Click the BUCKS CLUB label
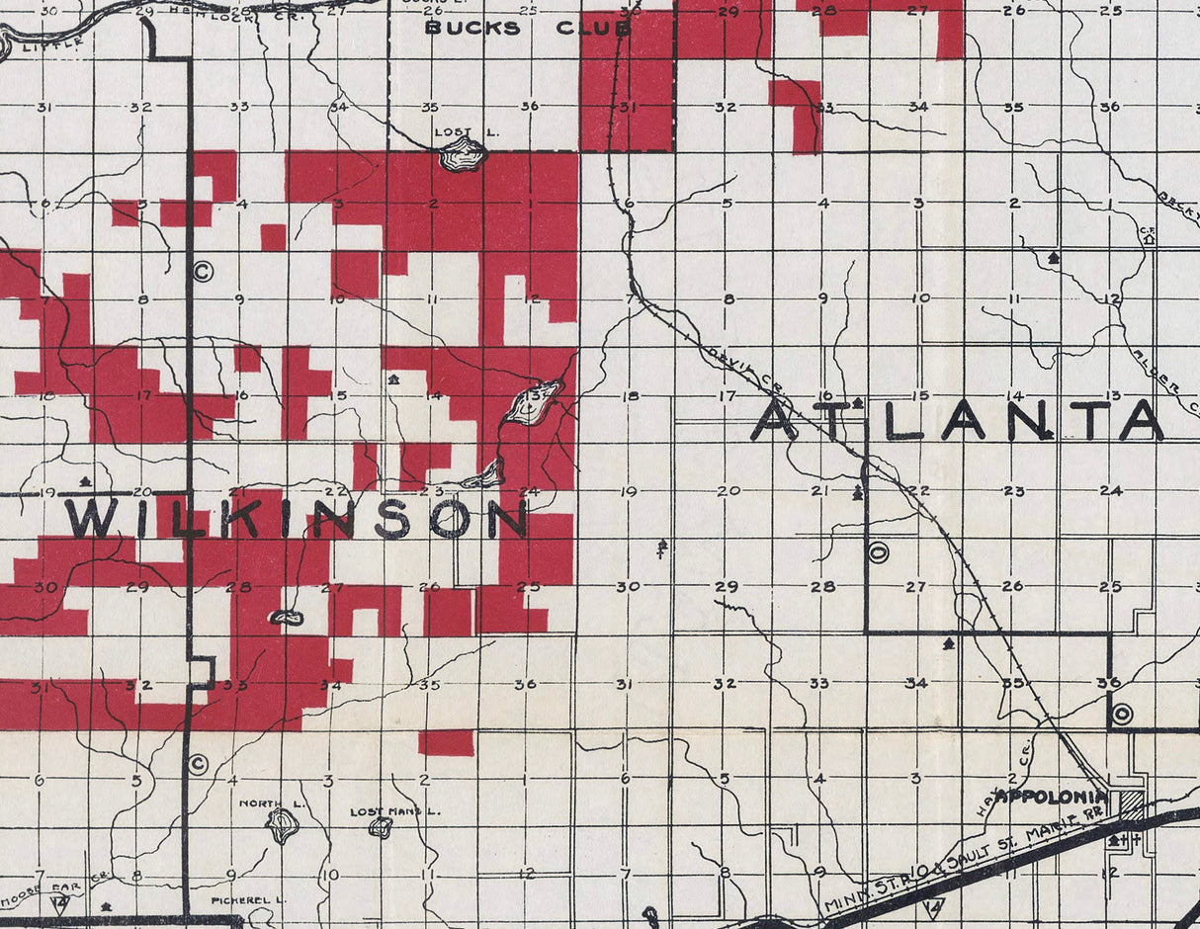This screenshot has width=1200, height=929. (x=527, y=29)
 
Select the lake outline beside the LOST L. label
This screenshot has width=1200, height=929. (x=463, y=154)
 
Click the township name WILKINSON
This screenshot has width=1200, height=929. (x=296, y=518)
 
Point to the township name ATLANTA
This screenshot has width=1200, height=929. (x=957, y=421)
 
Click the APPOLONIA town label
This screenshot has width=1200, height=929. (x=1051, y=796)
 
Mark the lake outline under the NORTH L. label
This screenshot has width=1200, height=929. (x=283, y=825)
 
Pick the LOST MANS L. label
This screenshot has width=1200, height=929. (x=395, y=811)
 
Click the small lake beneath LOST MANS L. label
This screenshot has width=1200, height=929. (x=381, y=827)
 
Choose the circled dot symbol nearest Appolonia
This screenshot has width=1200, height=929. (x=1121, y=713)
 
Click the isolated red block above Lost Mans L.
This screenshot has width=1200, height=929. (x=446, y=743)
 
